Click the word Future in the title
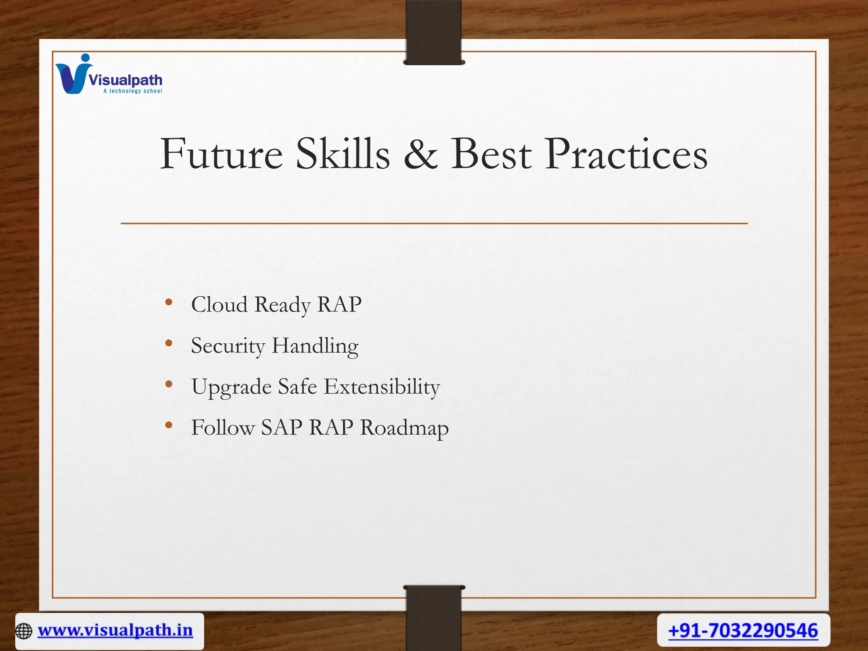[221, 154]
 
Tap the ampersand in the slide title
[420, 154]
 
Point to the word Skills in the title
[342, 154]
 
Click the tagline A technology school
[133, 91]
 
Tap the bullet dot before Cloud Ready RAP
[169, 302]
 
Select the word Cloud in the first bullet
[219, 304]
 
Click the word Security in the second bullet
[228, 346]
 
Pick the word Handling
[315, 346]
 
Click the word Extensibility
[382, 387]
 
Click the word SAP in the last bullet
[281, 427]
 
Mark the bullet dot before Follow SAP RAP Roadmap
[169, 425]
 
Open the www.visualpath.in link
[115, 630]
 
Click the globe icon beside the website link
[24, 631]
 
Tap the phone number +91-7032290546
[743, 630]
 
